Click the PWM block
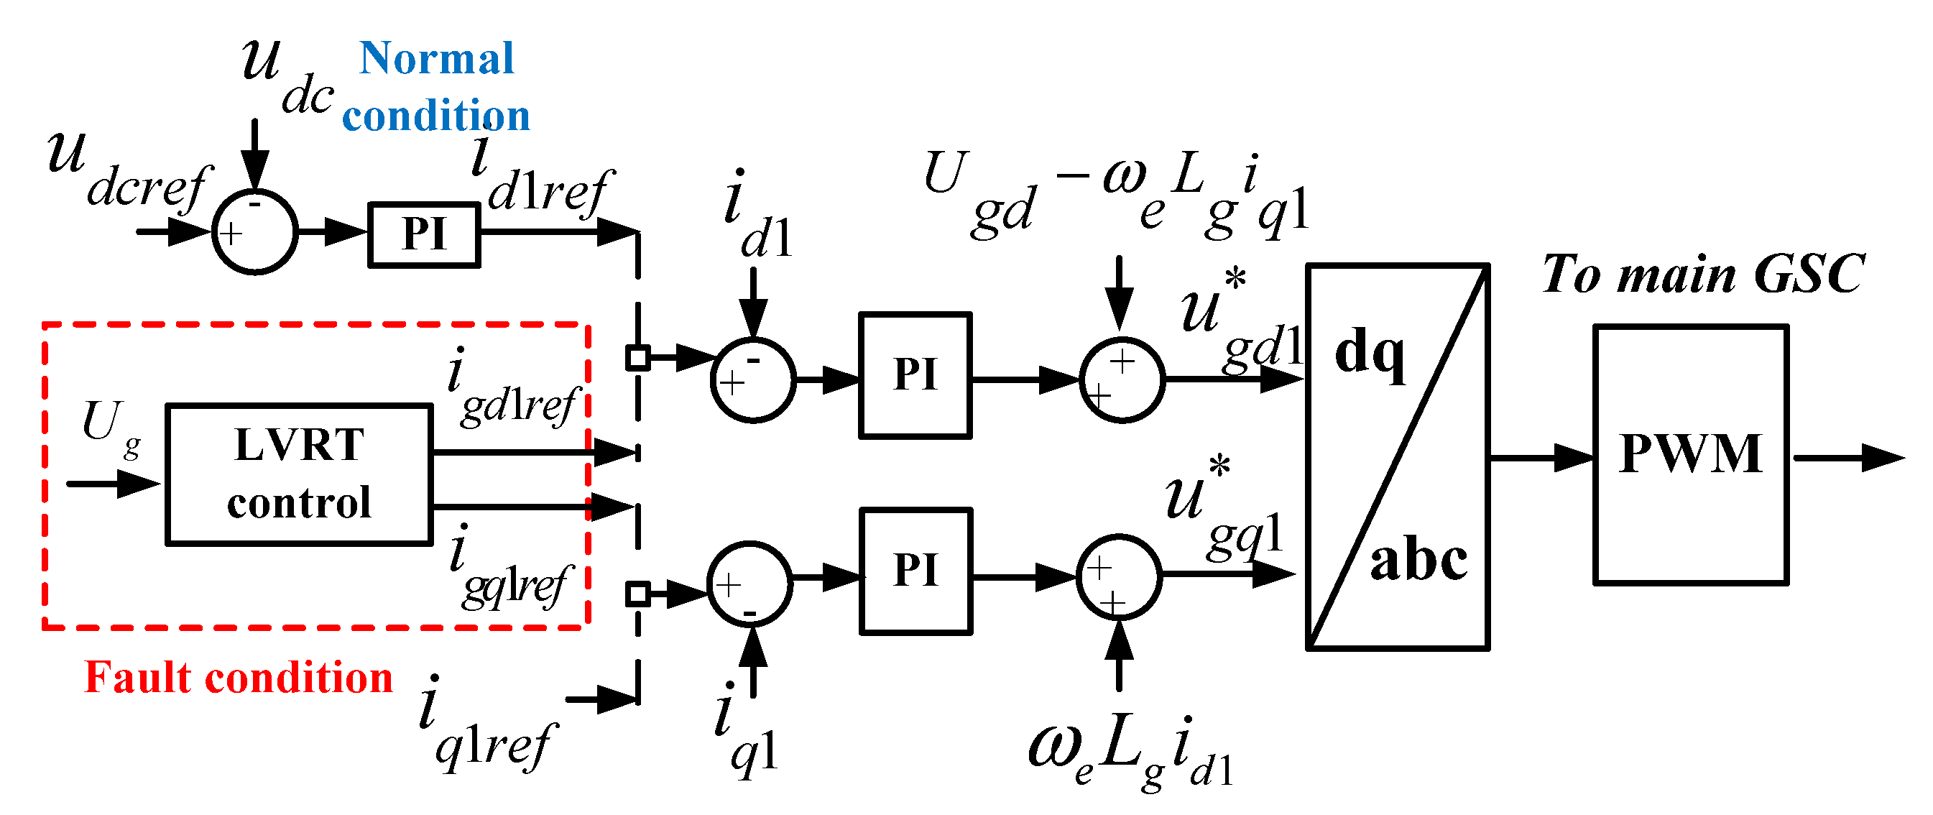[1690, 455]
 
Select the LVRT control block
[299, 474]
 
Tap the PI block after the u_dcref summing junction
[424, 234]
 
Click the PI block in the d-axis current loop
[915, 374]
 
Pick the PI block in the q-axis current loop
[915, 571]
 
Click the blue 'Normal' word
[437, 58]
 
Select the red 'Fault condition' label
[239, 677]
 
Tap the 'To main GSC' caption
[1702, 274]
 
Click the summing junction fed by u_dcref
[254, 232]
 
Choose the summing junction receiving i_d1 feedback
[752, 379]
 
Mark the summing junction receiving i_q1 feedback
[749, 583]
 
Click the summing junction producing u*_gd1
[1121, 379]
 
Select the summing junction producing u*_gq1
[1118, 576]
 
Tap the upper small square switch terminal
[638, 357]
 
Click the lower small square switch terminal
[638, 594]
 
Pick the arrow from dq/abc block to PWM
[1541, 457]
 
